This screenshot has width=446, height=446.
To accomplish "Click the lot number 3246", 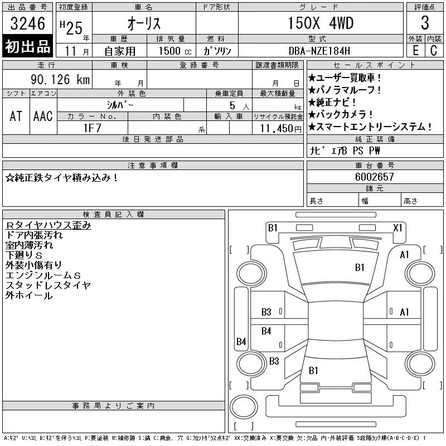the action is [27, 23].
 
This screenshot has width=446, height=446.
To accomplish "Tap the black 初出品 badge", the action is [27, 46].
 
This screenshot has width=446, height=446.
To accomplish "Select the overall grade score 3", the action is [425, 23].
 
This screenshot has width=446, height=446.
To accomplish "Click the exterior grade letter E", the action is [415, 51].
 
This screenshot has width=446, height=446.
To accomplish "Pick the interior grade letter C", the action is [434, 51].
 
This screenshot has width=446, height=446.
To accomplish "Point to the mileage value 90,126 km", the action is [60, 79].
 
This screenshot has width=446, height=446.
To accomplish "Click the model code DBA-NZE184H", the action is [319, 51].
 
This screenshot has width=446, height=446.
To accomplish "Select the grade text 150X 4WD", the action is [321, 23].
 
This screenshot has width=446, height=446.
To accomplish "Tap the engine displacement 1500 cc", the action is [175, 51].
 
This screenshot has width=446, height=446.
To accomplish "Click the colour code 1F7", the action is [92, 128].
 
